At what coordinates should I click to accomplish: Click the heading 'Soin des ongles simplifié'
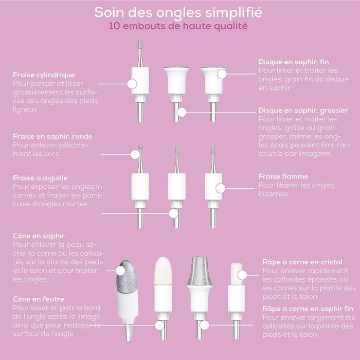[x=178, y=13]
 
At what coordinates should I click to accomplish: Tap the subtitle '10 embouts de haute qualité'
[x=178, y=26]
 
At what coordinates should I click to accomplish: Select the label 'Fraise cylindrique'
[x=44, y=75]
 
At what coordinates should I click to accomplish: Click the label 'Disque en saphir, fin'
[x=294, y=62]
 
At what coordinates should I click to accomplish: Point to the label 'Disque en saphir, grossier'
[x=303, y=111]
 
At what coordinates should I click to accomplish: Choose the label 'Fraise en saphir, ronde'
[x=53, y=136]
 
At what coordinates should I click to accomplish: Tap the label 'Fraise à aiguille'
[x=40, y=178]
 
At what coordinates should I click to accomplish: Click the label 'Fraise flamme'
[x=283, y=176]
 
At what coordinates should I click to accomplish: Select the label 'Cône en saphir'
[x=39, y=236]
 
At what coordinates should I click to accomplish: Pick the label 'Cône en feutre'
[x=39, y=299]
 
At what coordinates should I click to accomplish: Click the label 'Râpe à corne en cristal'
[x=302, y=262]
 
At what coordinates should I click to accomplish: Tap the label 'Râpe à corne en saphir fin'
[x=308, y=309]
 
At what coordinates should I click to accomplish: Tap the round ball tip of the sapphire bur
[x=140, y=147]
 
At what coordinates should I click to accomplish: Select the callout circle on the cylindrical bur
[x=132, y=84]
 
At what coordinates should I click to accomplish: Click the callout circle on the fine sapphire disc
[x=222, y=74]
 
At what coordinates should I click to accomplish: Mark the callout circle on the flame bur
[x=221, y=188]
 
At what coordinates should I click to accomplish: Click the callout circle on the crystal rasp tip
[x=242, y=275]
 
